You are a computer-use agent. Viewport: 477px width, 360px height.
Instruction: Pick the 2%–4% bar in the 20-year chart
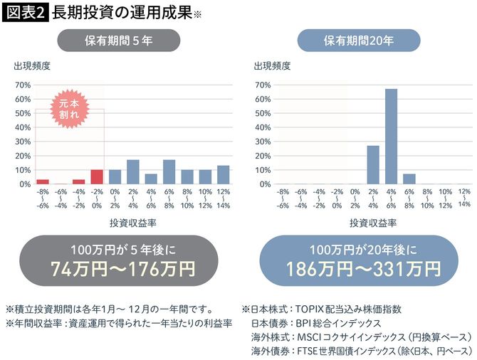(x=372, y=165)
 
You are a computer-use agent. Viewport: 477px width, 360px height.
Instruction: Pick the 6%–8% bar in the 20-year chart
(x=409, y=179)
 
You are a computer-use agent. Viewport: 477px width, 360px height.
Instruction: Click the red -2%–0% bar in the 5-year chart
(x=96, y=176)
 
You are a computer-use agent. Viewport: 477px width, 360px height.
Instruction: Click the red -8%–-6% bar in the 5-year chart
(x=43, y=181)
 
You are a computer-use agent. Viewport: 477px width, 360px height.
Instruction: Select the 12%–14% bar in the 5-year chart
(x=222, y=175)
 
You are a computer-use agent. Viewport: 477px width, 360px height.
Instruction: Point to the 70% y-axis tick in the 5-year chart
(x=22, y=85)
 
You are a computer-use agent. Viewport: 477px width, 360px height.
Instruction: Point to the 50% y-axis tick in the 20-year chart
(x=263, y=113)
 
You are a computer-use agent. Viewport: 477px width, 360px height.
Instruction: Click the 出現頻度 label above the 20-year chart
(x=272, y=66)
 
